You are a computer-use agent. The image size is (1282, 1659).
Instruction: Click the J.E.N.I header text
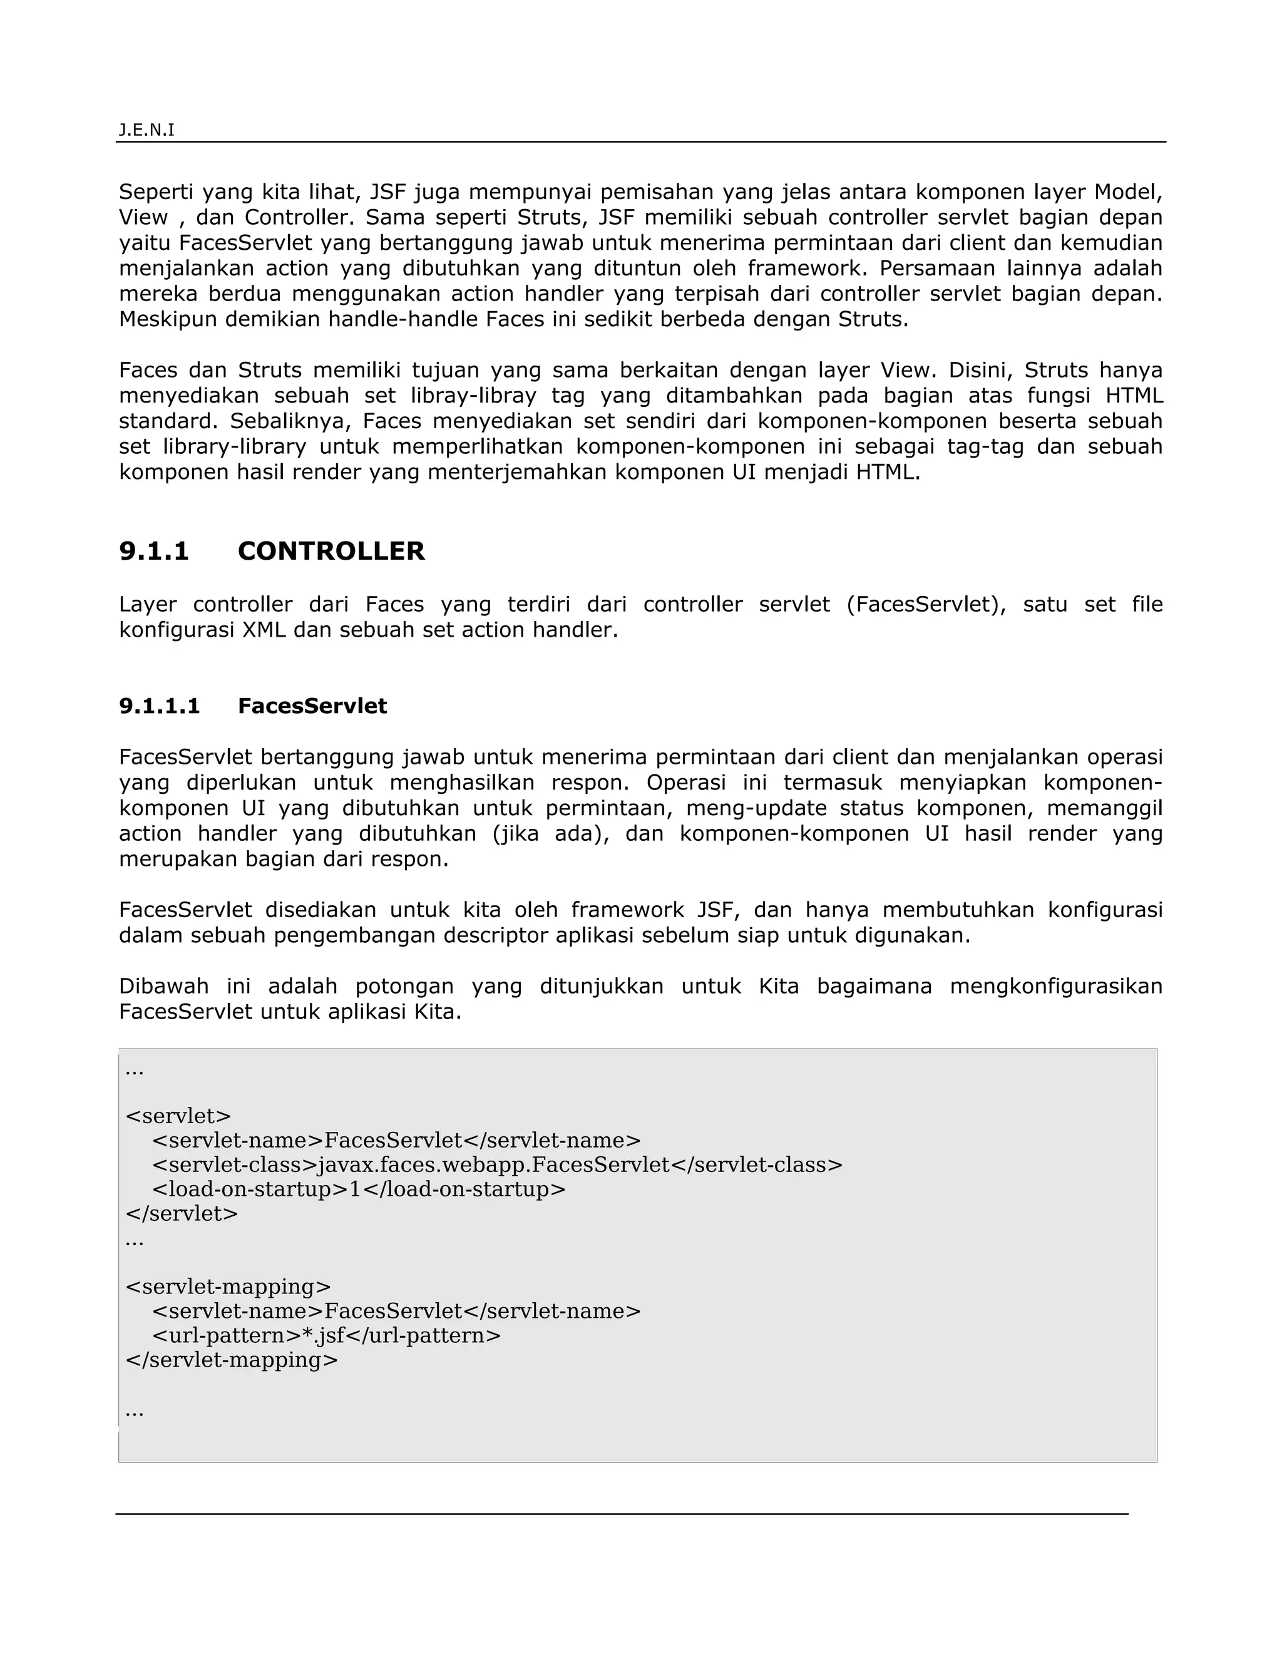pyautogui.click(x=146, y=130)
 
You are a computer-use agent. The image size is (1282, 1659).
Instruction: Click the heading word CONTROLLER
pyautogui.click(x=331, y=551)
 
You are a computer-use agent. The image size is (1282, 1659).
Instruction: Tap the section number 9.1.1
pyautogui.click(x=153, y=551)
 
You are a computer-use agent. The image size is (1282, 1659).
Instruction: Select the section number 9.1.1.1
pyautogui.click(x=160, y=706)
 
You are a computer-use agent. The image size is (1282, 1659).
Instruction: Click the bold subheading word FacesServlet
pyautogui.click(x=312, y=706)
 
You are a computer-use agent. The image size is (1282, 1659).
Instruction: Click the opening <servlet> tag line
pyautogui.click(x=178, y=1116)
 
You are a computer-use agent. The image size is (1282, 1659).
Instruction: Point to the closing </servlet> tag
pyautogui.click(x=182, y=1213)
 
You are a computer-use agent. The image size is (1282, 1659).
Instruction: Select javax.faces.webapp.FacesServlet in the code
pyautogui.click(x=494, y=1164)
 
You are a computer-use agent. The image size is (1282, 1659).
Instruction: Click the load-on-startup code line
pyautogui.click(x=359, y=1189)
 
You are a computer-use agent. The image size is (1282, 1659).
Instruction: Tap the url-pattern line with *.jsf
pyautogui.click(x=327, y=1335)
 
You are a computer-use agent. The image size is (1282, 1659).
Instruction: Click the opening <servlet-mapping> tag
pyautogui.click(x=228, y=1287)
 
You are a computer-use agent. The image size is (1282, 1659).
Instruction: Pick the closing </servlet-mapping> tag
pyautogui.click(x=232, y=1360)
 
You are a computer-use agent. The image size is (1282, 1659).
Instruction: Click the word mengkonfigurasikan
pyautogui.click(x=1055, y=986)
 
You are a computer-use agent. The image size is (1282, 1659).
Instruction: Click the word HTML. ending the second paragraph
pyautogui.click(x=888, y=472)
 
